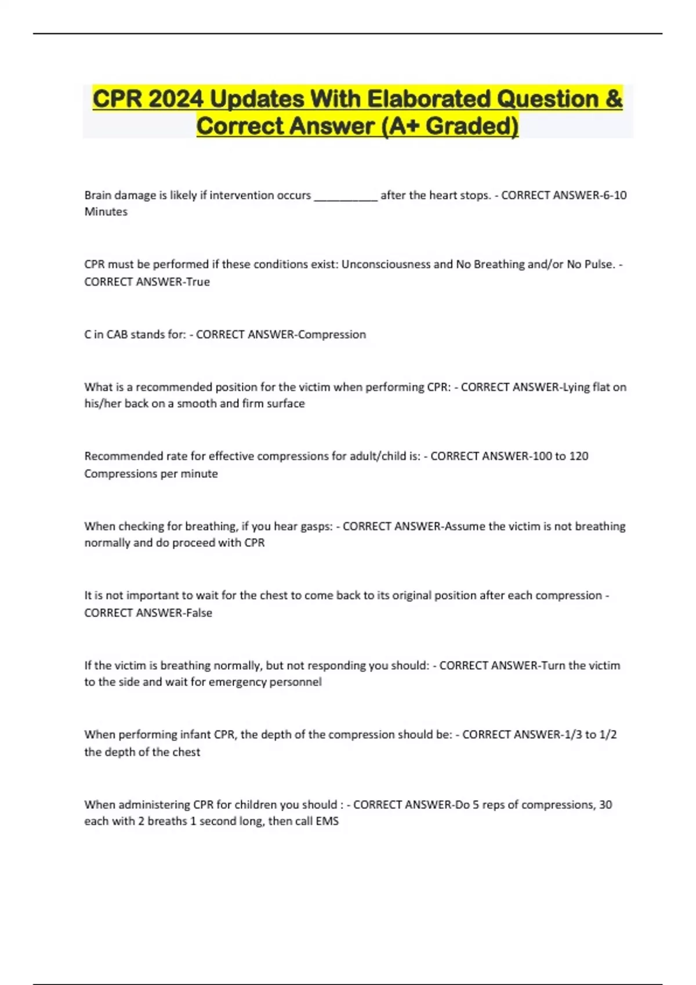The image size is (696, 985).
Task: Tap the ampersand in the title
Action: click(x=613, y=99)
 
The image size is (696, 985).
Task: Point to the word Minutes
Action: click(x=106, y=212)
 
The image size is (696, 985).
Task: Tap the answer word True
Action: click(x=197, y=282)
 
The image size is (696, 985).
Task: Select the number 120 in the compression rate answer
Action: click(x=578, y=456)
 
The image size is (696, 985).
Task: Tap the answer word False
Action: click(x=199, y=613)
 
